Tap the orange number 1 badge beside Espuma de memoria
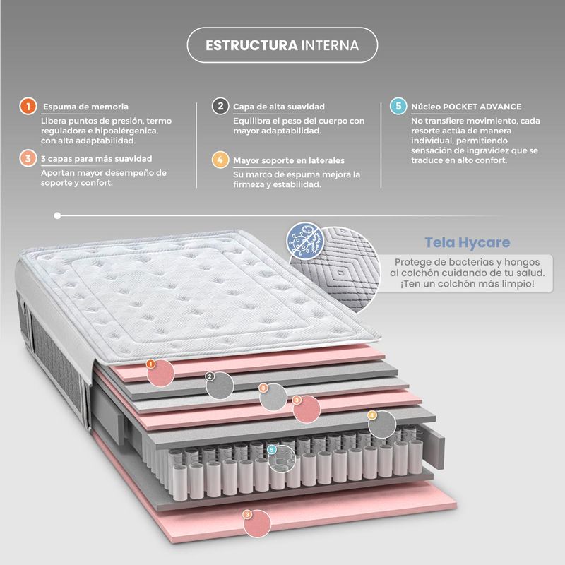click(x=27, y=107)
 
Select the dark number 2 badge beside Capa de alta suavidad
click(x=220, y=107)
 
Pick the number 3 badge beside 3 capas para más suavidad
click(x=27, y=158)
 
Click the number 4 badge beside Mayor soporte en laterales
click(x=220, y=159)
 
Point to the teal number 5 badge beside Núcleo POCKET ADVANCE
click(x=398, y=107)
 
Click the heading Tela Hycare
click(x=467, y=243)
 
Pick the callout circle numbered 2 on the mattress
click(x=221, y=383)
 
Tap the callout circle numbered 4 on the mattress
click(x=382, y=423)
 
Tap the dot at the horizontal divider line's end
click(x=56, y=215)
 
